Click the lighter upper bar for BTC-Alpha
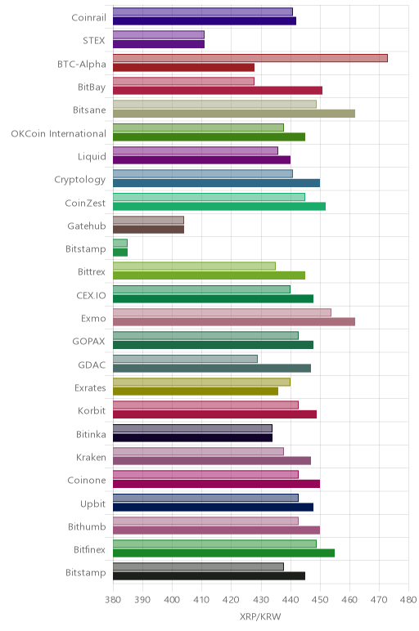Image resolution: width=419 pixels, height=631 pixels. point(250,58)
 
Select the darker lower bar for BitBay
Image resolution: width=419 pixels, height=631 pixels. point(218,91)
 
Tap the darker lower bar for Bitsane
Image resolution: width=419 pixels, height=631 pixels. point(234,114)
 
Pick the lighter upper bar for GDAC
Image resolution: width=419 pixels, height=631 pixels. point(185,359)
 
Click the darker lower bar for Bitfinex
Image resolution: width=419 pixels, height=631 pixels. point(223,553)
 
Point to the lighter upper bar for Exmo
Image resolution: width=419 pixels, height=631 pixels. point(222,312)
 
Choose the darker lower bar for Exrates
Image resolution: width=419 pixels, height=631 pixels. point(196,392)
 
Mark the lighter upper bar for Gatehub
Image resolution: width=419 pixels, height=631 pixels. point(148,220)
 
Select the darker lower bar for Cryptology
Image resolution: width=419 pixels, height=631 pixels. point(216,183)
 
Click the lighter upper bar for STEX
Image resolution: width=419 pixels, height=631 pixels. point(159,34)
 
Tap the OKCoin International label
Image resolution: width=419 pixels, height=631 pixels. point(58,133)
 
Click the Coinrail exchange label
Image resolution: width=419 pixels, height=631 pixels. point(88,18)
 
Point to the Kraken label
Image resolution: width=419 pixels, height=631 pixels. point(91,457)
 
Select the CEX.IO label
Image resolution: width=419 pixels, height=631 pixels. point(91,295)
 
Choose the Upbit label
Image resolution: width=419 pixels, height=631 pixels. point(93,503)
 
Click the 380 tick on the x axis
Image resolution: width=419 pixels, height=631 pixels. point(113,600)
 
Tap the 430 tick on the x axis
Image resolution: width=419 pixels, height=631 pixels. point(261,600)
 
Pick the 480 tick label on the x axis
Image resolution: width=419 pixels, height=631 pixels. point(408,600)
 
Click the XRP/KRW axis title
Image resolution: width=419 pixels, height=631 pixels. point(260,616)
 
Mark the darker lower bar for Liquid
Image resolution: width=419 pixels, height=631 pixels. point(201,160)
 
